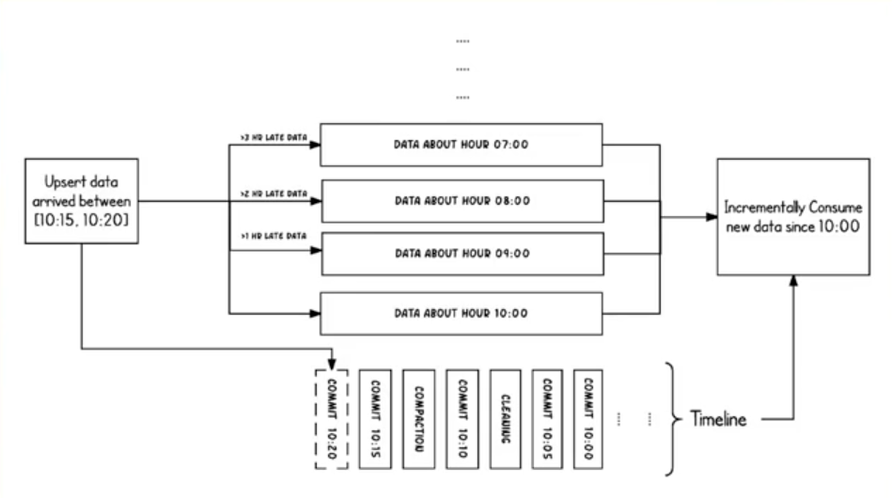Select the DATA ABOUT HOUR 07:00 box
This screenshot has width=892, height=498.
[462, 146]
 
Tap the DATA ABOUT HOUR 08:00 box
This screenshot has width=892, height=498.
[462, 200]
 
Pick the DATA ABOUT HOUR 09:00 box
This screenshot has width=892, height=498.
[462, 254]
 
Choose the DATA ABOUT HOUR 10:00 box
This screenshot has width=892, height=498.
[462, 313]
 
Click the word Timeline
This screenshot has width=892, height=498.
[718, 419]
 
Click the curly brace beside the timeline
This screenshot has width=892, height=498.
[671, 418]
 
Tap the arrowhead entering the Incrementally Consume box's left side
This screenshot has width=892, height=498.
[712, 216]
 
